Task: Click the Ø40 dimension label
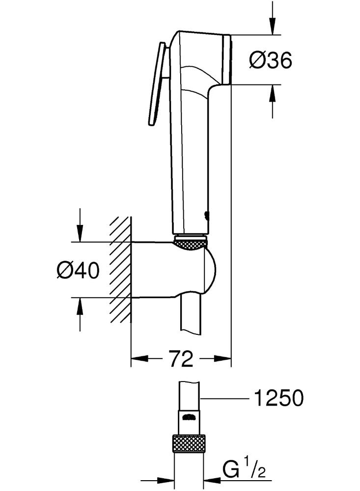78,270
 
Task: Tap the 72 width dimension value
181,358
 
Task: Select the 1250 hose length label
278,398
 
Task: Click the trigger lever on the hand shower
158,84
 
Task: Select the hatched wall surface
120,269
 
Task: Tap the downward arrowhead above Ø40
80,234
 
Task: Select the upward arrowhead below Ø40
80,306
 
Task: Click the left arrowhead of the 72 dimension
139,358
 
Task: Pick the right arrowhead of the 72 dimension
223,358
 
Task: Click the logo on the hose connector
189,417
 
